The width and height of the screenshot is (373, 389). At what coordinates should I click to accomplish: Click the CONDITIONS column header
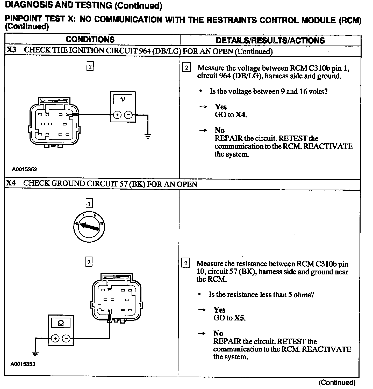(90, 40)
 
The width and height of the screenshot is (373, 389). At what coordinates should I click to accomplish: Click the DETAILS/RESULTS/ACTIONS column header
(270, 41)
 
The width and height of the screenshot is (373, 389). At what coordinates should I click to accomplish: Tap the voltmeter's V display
(123, 99)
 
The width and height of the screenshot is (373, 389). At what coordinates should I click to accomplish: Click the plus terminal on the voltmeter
(117, 115)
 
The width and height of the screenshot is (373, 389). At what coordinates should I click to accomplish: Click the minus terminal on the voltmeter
(128, 115)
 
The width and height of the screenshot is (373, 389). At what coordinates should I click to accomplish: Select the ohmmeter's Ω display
(61, 323)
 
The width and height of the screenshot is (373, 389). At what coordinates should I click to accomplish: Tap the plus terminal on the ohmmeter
(55, 338)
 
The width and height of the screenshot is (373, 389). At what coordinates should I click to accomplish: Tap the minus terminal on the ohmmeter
(66, 338)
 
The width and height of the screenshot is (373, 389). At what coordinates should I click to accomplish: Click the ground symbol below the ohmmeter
(35, 353)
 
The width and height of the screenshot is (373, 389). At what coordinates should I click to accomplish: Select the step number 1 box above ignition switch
(89, 204)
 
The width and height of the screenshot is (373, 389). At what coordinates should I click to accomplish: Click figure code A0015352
(25, 169)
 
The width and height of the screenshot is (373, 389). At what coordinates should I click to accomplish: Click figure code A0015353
(23, 364)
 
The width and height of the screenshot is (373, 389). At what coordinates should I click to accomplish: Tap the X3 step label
(11, 50)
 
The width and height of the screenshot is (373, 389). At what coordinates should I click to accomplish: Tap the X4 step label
(11, 183)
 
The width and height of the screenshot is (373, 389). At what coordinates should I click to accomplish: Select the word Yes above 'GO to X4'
(221, 107)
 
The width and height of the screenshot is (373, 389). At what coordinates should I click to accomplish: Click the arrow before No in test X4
(202, 334)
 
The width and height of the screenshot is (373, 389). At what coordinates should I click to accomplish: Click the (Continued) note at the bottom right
(337, 383)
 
